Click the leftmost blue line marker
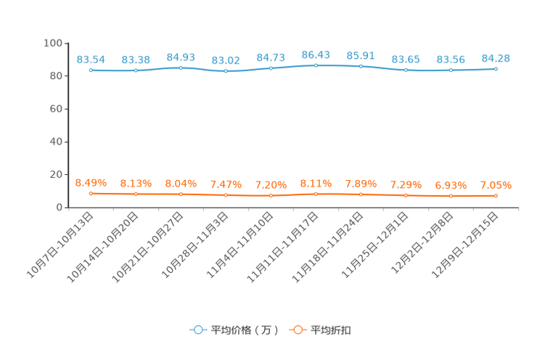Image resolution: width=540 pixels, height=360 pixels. (x=91, y=70)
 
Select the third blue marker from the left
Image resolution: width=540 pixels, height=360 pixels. (x=181, y=67)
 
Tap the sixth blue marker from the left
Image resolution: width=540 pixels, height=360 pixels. (x=316, y=65)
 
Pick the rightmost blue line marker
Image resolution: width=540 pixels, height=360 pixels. (x=496, y=69)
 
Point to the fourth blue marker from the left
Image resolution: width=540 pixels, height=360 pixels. (x=226, y=71)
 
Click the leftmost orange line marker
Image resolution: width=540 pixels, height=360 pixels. (x=91, y=194)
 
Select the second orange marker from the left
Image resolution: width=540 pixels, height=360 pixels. (x=136, y=195)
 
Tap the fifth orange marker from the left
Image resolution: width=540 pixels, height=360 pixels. (x=271, y=196)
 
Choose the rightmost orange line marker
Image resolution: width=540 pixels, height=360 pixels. (x=496, y=196)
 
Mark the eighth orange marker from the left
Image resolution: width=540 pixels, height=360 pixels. (x=406, y=195)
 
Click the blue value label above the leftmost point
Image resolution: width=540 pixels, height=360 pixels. (x=91, y=59)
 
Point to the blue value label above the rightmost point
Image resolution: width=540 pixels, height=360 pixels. (x=496, y=57)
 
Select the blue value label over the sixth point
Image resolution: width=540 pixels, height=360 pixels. (x=316, y=54)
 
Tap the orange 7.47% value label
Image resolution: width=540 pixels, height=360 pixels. (x=226, y=184)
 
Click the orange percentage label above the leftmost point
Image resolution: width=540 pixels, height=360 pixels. (x=91, y=182)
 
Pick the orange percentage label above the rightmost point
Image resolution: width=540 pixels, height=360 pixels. (x=496, y=185)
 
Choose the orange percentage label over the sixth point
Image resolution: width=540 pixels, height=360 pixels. (x=316, y=184)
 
